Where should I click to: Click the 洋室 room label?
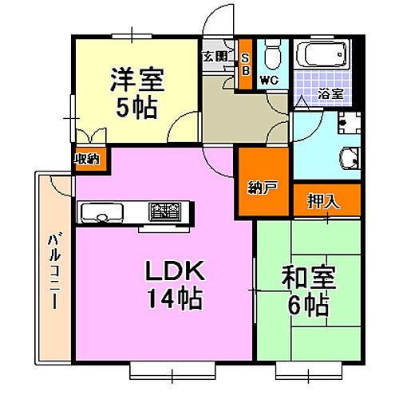point(136,80)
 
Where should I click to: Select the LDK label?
point(175,274)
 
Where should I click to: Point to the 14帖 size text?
point(173,300)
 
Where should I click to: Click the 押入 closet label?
point(323,201)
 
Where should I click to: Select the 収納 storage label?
point(87,158)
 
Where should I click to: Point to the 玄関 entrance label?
point(214,57)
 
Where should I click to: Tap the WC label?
point(267,81)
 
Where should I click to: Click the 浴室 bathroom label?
point(331,94)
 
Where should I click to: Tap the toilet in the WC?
point(271,57)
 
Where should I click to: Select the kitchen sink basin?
point(98,212)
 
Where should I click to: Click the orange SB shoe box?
point(245,64)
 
